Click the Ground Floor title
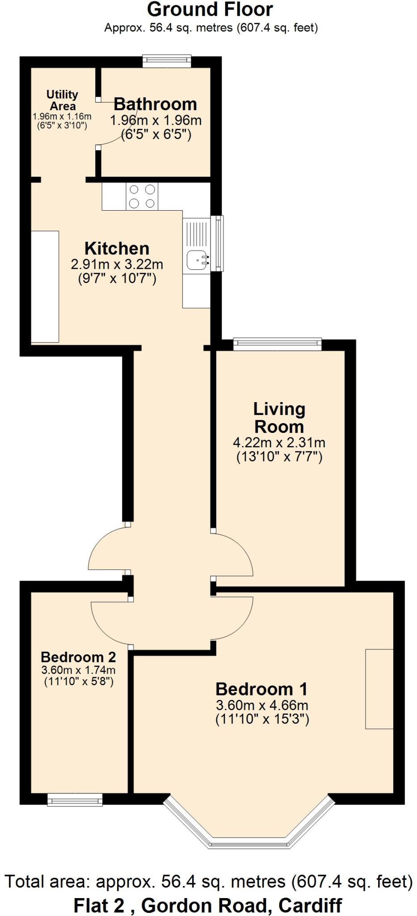tap(210, 10)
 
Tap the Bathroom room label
tap(155, 104)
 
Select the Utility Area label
tap(62, 100)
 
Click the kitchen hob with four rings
tap(142, 196)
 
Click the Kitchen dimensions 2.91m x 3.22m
tap(117, 264)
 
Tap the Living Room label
tap(279, 417)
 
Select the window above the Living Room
tap(278, 343)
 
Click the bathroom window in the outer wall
tap(167, 61)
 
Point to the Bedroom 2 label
tap(78, 657)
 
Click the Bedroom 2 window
tap(75, 799)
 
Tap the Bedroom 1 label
tap(262, 689)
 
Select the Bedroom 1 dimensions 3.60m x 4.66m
tap(262, 705)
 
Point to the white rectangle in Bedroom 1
tap(379, 689)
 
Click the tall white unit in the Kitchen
tap(45, 286)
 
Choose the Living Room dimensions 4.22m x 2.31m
tap(279, 443)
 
